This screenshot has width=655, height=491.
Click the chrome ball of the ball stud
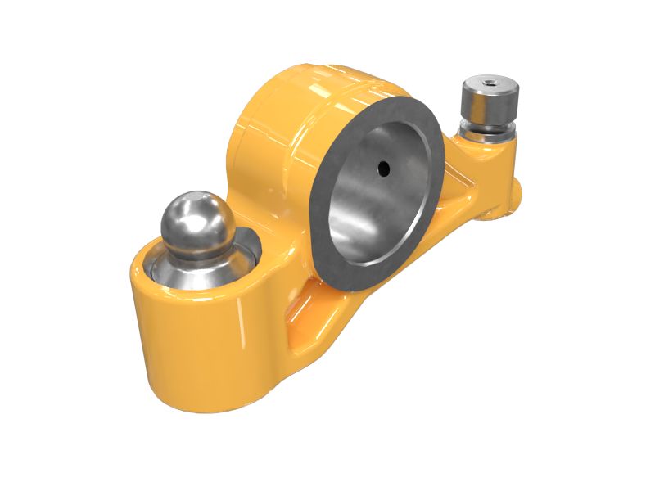point(196,219)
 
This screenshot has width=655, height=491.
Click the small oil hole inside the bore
point(382,168)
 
